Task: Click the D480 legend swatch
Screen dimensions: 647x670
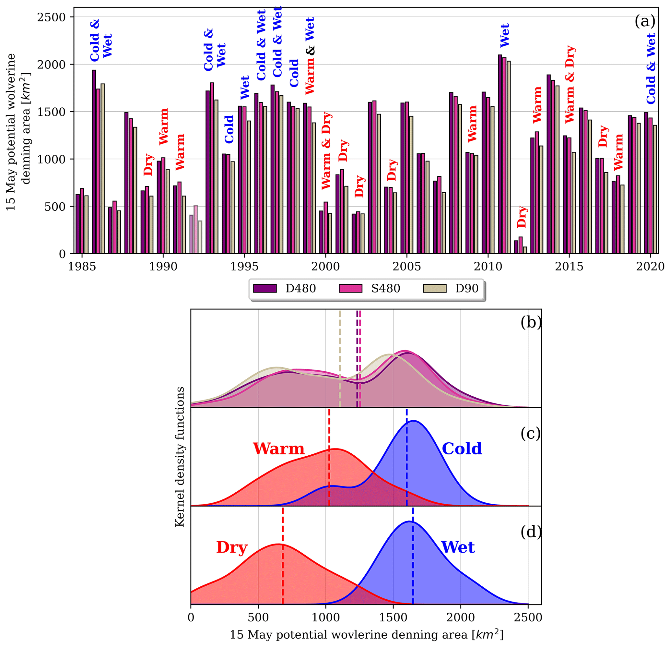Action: [x=264, y=289]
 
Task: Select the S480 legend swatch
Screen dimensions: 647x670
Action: [x=350, y=289]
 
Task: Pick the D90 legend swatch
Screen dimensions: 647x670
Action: [x=434, y=289]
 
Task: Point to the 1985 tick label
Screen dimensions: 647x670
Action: [x=82, y=267]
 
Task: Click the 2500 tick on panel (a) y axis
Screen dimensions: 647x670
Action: [x=51, y=17]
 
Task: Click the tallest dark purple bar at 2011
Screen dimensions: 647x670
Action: [x=500, y=154]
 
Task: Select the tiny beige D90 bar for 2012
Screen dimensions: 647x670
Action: [x=525, y=250]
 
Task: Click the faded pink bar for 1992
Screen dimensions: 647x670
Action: [x=195, y=229]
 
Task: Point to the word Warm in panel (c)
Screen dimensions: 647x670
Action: [x=278, y=449]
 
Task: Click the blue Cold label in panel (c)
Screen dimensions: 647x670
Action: [x=462, y=449]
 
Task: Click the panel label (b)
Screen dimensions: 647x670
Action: [x=531, y=322]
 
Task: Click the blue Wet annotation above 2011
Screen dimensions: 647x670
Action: [x=505, y=36]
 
